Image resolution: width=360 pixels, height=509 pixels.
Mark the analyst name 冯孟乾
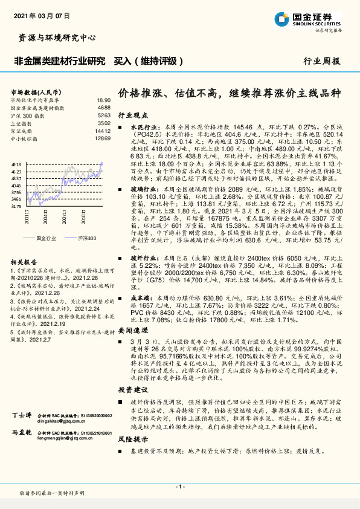pos(22,450)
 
